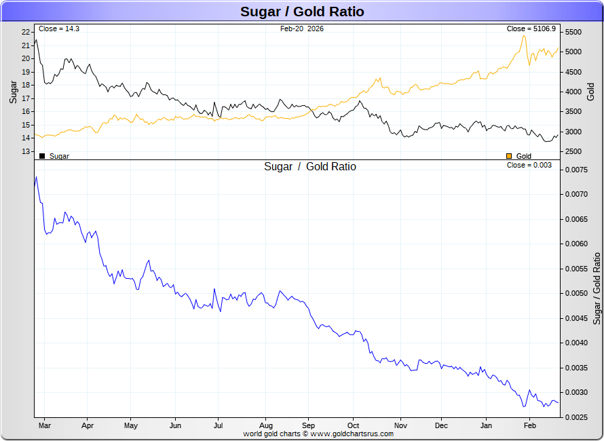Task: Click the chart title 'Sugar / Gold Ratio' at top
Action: pos(302,12)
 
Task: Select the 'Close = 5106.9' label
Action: pos(531,28)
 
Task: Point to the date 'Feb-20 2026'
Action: pos(301,28)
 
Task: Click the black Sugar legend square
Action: pos(42,156)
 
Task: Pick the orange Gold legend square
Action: pos(509,156)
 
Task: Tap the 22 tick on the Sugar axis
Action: pos(25,32)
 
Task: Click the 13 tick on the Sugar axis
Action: pos(25,151)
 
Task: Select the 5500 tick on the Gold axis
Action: pos(573,32)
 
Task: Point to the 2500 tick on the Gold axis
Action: pos(573,151)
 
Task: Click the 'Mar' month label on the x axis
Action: pos(45,425)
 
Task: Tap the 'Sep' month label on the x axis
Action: pos(308,425)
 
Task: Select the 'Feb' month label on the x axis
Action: pos(530,425)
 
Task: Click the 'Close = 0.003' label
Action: pos(529,165)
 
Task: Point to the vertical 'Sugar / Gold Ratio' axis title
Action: pos(597,288)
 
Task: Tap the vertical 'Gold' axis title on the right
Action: pos(590,92)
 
